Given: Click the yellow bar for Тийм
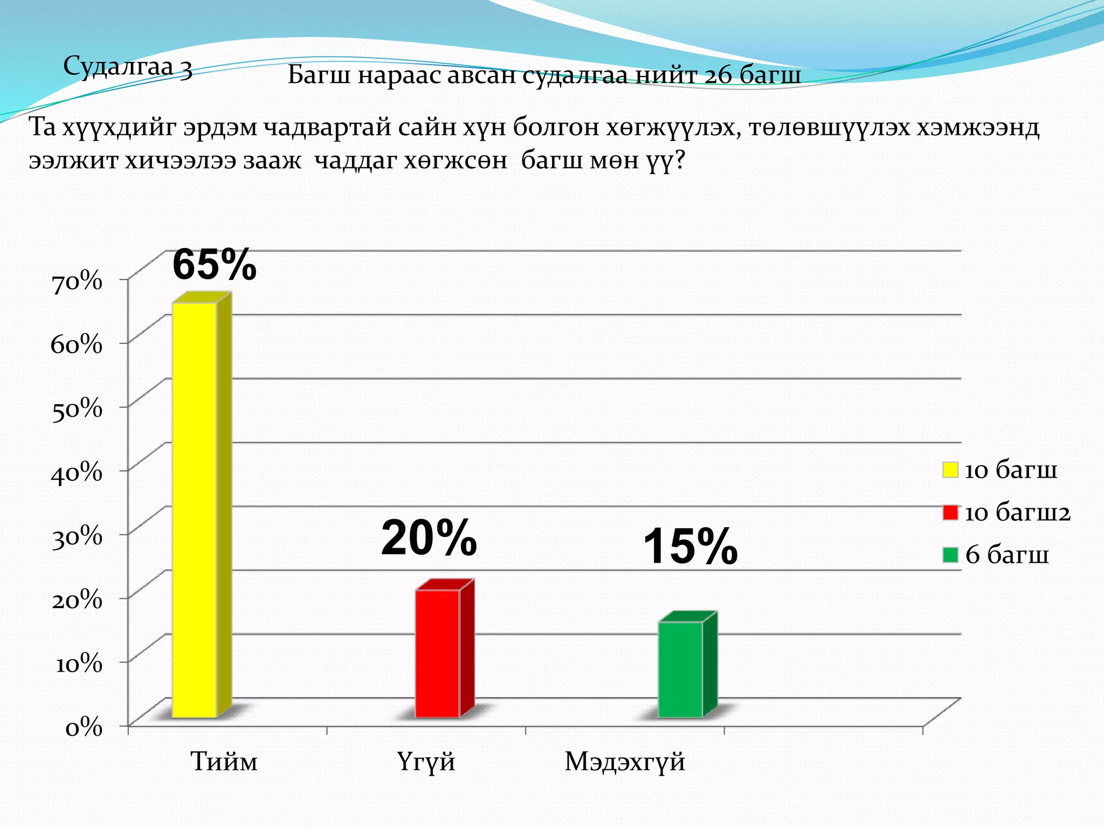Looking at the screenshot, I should click(195, 509).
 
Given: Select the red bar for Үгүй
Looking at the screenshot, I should click(437, 653).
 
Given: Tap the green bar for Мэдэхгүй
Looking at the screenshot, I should click(680, 669).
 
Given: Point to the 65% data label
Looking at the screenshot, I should click(214, 265).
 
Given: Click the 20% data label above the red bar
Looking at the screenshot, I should click(429, 538).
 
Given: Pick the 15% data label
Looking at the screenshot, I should click(690, 547).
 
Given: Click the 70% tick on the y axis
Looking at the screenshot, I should click(77, 281).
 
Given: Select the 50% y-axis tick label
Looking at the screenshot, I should click(77, 409).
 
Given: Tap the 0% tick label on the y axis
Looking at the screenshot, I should click(84, 728).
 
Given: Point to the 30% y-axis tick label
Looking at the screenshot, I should click(77, 537).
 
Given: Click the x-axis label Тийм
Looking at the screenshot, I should click(224, 762).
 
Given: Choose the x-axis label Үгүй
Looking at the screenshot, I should click(426, 762).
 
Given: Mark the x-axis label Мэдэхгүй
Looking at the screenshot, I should click(625, 762).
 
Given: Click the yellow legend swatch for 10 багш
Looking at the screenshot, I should click(950, 470).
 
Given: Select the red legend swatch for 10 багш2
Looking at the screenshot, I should click(950, 512).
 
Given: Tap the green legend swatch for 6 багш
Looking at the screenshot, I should click(950, 555).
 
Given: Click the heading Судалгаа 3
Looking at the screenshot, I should click(128, 68).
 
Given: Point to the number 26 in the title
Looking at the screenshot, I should click(717, 75).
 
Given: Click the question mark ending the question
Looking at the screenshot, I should click(679, 161).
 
